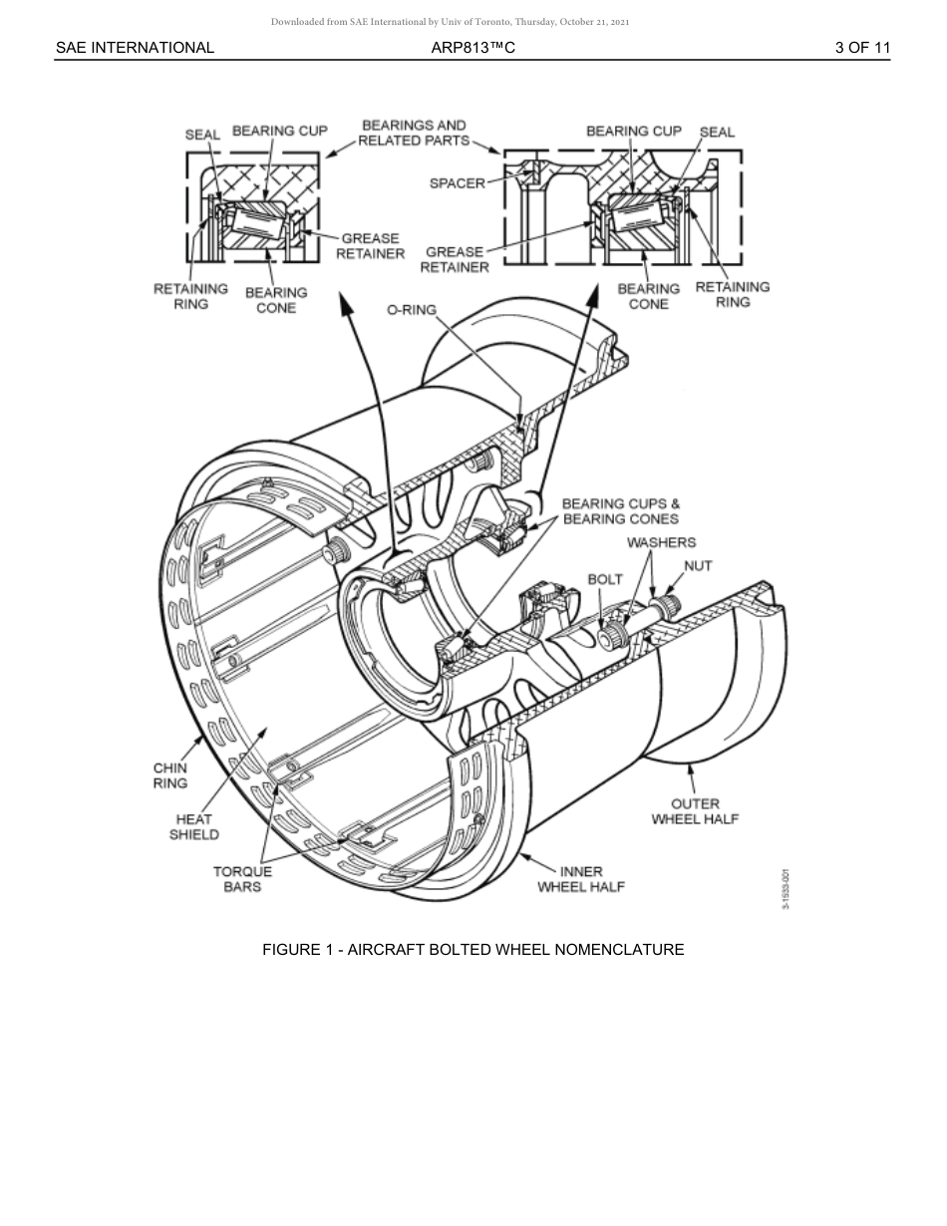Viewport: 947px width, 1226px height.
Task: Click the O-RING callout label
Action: [412, 310]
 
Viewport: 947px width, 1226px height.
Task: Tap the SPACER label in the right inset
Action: [457, 183]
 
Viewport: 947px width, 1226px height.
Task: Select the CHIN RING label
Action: [169, 775]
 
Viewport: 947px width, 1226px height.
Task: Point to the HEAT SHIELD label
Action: [193, 826]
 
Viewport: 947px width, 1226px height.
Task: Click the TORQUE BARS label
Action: [242, 878]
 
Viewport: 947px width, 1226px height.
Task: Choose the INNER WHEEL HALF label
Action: [581, 879]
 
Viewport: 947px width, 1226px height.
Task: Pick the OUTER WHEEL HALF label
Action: [695, 811]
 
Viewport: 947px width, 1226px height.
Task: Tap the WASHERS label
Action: [661, 542]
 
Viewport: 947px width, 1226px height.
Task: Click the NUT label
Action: [698, 565]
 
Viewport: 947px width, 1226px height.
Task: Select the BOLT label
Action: [605, 579]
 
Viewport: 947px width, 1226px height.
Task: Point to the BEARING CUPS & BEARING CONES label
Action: [620, 511]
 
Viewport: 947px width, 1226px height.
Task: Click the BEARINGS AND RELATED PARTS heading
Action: [414, 133]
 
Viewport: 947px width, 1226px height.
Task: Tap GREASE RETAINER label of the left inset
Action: [370, 246]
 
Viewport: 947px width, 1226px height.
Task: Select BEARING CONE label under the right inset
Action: [648, 296]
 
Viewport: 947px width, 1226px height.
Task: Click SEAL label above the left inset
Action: [202, 135]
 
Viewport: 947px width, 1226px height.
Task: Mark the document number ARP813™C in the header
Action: [473, 47]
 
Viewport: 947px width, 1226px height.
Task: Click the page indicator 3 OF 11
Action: [862, 47]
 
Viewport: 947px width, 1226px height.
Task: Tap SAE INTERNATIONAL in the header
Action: [135, 47]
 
